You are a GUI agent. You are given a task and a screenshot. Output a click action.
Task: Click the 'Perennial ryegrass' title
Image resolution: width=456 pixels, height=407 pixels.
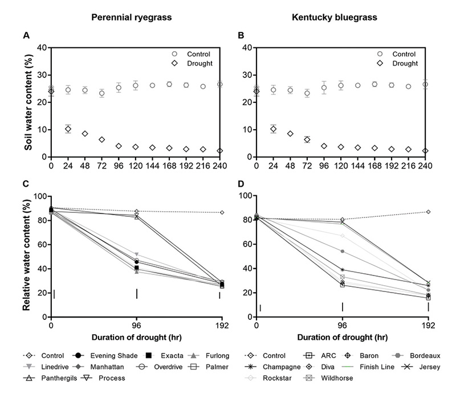pyautogui.click(x=133, y=17)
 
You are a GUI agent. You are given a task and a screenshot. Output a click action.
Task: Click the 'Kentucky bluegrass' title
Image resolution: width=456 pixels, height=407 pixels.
pyautogui.click(x=339, y=17)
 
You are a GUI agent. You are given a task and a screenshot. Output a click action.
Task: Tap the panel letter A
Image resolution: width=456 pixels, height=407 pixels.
pyautogui.click(x=26, y=36)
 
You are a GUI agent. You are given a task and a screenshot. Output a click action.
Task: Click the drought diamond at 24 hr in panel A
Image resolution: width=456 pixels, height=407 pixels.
pyautogui.click(x=68, y=129)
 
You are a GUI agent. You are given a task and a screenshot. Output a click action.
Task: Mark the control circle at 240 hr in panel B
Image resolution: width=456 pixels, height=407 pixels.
pyautogui.click(x=425, y=84)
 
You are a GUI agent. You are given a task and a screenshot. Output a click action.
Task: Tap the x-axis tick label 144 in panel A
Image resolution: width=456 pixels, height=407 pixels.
pyautogui.click(x=153, y=167)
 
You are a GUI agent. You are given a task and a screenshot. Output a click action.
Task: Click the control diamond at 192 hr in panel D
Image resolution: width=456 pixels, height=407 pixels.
pyautogui.click(x=428, y=212)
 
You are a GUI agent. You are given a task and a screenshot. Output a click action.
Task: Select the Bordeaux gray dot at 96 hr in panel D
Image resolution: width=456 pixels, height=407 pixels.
pyautogui.click(x=343, y=251)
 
